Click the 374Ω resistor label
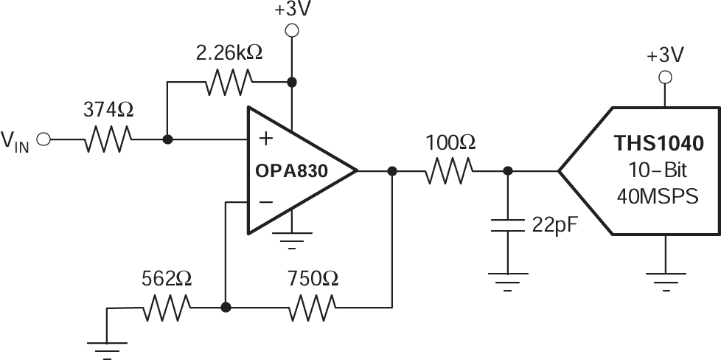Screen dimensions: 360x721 coord(108,111)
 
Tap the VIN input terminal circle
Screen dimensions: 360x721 coord(43,139)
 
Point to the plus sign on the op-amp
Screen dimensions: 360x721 coord(263,139)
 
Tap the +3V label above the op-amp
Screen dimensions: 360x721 coord(292,11)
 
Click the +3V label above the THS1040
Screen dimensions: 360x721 coord(665,55)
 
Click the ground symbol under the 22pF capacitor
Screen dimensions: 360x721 coord(507,278)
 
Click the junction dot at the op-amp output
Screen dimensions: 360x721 coord(392,171)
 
